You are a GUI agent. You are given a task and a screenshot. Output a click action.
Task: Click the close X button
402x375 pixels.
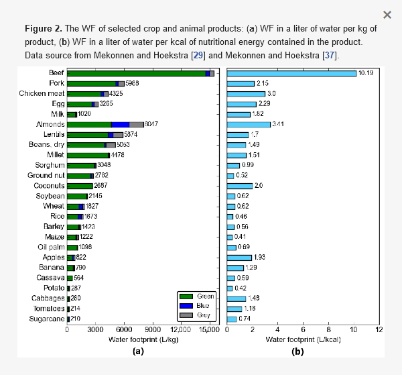[387, 15]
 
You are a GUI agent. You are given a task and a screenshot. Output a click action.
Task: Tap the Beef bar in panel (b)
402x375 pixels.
[291, 72]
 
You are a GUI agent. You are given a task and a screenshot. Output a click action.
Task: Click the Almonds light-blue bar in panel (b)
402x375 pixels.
[249, 124]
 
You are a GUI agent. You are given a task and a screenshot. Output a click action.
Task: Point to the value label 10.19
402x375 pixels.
[366, 72]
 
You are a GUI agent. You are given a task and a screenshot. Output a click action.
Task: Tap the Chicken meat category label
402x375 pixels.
[42, 93]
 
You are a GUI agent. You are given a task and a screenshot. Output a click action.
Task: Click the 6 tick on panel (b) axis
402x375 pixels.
[303, 330]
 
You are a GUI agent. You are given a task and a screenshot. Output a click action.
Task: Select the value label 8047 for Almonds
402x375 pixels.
[152, 124]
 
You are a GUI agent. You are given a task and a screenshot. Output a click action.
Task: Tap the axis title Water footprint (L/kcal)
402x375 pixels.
[303, 339]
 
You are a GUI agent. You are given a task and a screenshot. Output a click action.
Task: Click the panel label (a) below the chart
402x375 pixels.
[138, 351]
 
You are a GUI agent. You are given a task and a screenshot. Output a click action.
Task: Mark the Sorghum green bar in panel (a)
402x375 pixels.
[82, 165]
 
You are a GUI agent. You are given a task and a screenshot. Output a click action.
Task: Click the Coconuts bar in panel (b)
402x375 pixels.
[240, 185]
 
